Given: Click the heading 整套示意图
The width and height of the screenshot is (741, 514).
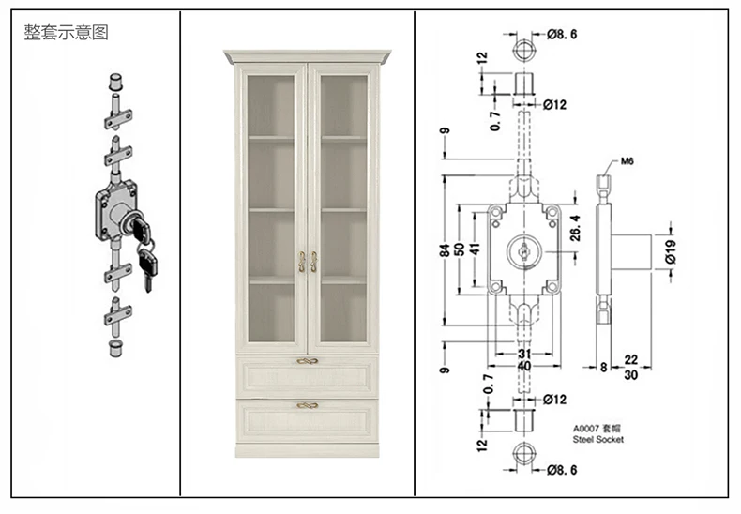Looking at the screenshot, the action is pos(68,33).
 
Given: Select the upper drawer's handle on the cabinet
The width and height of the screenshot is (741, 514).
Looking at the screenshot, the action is pos(308,361).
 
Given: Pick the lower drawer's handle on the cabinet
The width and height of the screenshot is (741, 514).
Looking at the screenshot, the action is pos(308,405).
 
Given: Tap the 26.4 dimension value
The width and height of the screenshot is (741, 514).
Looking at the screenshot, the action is pos(576,228).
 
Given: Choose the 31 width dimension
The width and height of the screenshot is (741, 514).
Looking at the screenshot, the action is pos(524,354).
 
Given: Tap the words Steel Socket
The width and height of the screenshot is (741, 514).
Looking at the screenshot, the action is pos(597,439).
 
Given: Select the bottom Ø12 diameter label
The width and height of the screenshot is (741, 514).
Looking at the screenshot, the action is pos(555,400).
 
